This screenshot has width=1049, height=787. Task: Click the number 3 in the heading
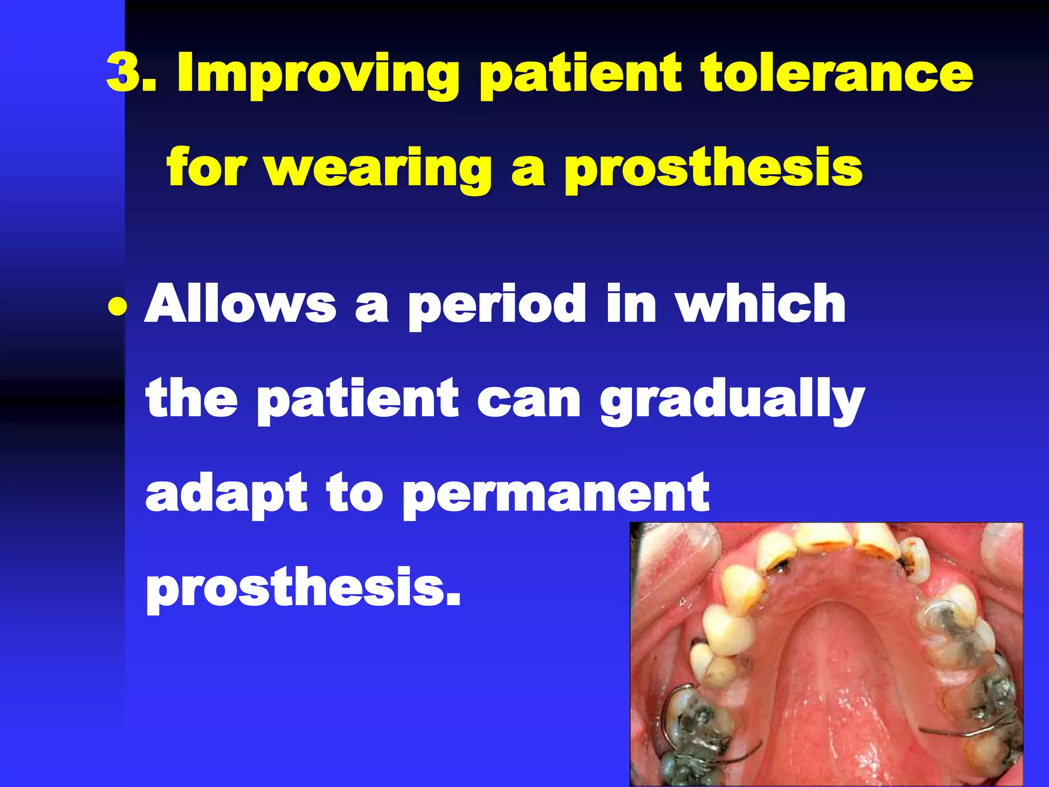[123, 73]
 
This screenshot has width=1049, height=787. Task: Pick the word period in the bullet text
[496, 306]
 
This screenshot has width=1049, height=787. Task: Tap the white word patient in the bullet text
[357, 400]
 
